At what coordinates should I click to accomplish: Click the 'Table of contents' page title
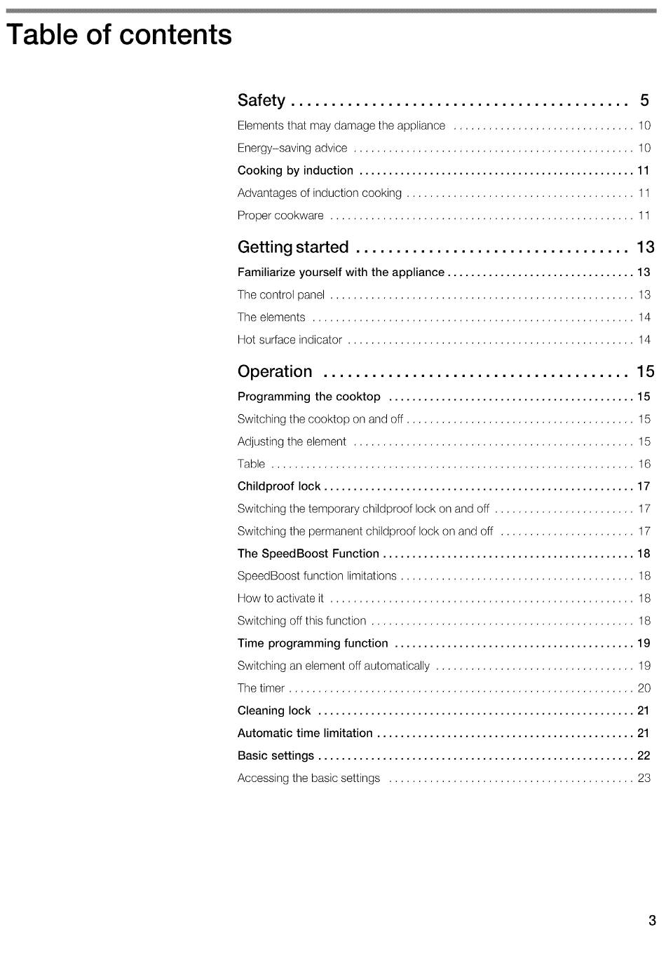[x=119, y=34]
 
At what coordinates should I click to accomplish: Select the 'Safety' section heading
[x=261, y=100]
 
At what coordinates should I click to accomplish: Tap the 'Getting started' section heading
[x=292, y=247]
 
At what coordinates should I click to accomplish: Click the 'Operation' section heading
[x=275, y=371]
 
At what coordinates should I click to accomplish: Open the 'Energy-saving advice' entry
[x=292, y=148]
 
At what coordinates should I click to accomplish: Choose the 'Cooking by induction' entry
[x=295, y=170]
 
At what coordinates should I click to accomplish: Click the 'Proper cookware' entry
[x=280, y=215]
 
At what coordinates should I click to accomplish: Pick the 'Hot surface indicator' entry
[x=290, y=340]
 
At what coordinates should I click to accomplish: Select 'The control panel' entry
[x=281, y=295]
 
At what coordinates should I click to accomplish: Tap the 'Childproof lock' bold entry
[x=279, y=486]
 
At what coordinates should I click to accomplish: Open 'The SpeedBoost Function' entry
[x=308, y=554]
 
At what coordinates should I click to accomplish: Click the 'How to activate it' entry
[x=280, y=598]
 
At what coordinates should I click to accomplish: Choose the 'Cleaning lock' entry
[x=274, y=711]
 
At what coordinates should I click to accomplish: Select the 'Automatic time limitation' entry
[x=305, y=733]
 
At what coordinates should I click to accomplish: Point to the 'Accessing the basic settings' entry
[x=308, y=778]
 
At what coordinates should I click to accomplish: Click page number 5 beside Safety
[x=644, y=100]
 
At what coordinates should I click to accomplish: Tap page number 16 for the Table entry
[x=644, y=464]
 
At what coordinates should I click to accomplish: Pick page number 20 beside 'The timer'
[x=644, y=688]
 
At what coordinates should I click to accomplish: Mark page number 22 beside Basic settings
[x=644, y=755]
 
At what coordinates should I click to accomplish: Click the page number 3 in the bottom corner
[x=652, y=920]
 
